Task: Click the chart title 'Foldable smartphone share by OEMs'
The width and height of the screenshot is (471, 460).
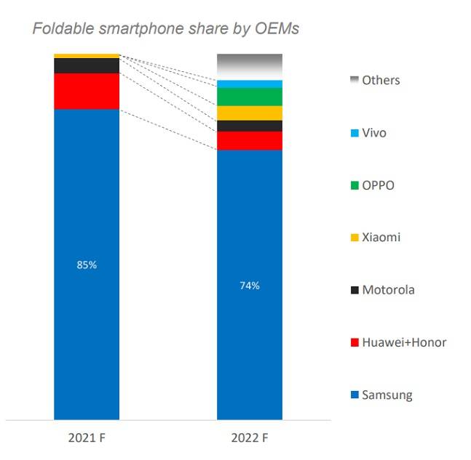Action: click(x=165, y=29)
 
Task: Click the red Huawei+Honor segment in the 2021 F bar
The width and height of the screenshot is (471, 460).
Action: click(x=87, y=91)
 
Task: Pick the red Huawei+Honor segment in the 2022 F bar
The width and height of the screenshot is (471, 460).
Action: click(x=250, y=140)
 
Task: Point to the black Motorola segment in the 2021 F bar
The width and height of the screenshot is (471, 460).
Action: click(x=87, y=65)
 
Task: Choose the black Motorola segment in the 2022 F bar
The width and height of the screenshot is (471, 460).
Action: click(x=250, y=126)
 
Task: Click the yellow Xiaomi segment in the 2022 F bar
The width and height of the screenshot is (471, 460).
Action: click(x=250, y=113)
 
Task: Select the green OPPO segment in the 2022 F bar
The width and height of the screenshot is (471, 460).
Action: click(x=250, y=97)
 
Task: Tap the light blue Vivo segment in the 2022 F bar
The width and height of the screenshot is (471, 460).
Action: click(x=250, y=84)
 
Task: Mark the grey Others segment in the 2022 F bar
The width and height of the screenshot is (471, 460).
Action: click(x=250, y=66)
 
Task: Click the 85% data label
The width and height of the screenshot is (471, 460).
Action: click(x=87, y=265)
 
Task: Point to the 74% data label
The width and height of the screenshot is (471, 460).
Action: click(x=250, y=286)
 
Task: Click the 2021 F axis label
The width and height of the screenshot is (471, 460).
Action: click(x=87, y=438)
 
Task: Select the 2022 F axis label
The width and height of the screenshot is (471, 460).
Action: click(x=250, y=438)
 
